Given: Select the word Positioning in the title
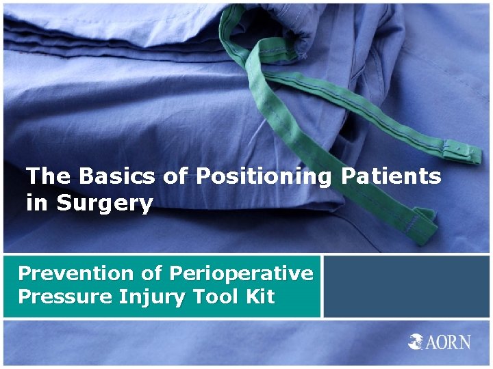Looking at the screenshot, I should click(263, 177).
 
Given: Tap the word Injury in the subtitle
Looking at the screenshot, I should click(145, 297).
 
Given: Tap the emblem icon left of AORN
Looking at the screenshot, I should click(417, 342).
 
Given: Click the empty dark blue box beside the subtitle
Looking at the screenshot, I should click(407, 286).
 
